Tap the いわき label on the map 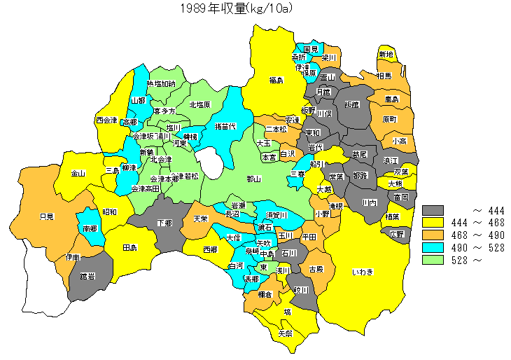coord(363,272)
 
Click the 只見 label coord(47,216)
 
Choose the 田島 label coord(129,248)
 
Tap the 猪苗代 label coord(225,127)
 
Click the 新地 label coord(386,55)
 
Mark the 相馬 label coord(384,76)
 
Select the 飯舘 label coord(351,105)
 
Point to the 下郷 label coord(164,223)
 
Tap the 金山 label coord(78,173)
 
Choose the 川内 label coord(370,202)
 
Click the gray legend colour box coord(434,209)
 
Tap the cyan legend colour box coord(434,247)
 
